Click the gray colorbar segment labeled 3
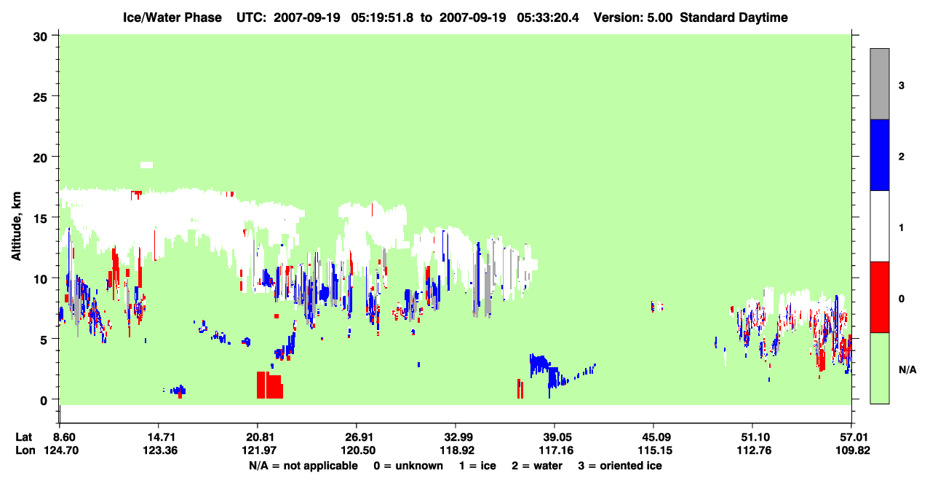click(879, 84)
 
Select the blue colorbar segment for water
click(879, 154)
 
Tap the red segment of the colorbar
click(879, 297)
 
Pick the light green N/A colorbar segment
click(879, 368)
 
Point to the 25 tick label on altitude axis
click(40, 98)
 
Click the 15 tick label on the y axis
click(40, 219)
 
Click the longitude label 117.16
click(556, 450)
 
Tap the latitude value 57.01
click(852, 437)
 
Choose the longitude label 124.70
click(61, 450)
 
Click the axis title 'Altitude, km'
click(16, 226)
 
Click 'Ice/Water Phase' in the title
click(172, 17)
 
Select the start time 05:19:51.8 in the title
click(382, 17)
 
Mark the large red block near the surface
click(270, 385)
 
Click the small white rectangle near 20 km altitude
click(146, 165)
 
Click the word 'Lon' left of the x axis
click(25, 450)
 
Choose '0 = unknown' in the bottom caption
click(408, 466)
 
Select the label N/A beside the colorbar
click(907, 369)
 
